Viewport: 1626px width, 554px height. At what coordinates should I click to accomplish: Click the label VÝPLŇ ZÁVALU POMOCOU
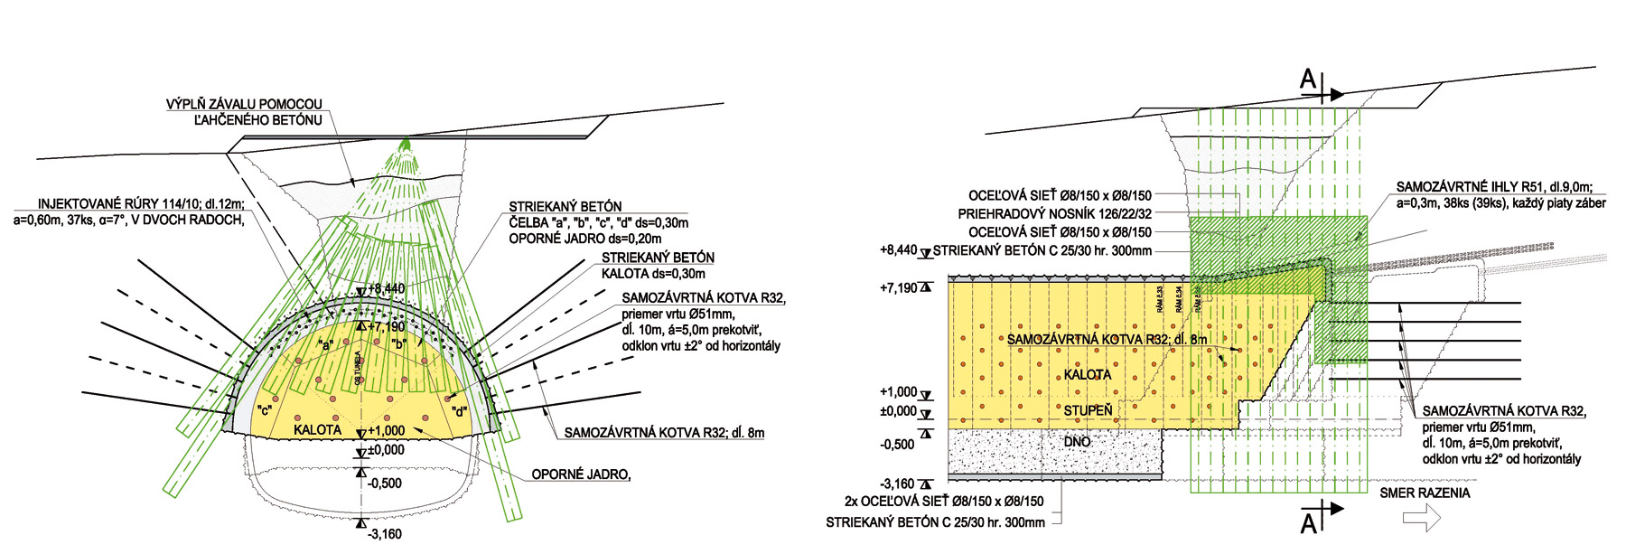[243, 105]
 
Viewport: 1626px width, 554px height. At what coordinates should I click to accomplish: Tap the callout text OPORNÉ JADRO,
[580, 474]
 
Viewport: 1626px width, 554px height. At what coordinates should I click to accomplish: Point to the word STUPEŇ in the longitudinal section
[1088, 410]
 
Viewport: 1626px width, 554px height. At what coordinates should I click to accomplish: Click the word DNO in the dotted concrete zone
[1077, 442]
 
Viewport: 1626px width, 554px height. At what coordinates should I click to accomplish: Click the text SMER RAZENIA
[1425, 493]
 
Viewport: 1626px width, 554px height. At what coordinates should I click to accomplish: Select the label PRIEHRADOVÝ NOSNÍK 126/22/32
[1054, 214]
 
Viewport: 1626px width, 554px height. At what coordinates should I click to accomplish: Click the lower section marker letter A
[1307, 522]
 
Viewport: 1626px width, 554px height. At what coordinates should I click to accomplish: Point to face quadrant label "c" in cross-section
[265, 410]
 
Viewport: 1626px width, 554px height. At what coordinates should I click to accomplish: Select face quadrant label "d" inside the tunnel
[459, 412]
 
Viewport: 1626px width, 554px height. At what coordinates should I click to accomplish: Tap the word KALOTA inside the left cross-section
[317, 430]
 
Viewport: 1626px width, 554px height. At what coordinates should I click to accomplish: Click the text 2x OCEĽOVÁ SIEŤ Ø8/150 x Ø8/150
[943, 502]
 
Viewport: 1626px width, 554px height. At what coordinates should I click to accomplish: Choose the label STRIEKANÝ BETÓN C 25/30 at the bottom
[934, 522]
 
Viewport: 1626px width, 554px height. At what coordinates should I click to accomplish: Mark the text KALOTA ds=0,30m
[652, 274]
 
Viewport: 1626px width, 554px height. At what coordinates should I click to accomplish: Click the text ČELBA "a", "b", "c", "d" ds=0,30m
[598, 223]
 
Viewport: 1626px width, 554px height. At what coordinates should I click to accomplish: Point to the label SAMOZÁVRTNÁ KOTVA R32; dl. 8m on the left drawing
[664, 433]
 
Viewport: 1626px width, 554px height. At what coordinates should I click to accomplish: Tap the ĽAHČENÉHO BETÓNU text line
[257, 119]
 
